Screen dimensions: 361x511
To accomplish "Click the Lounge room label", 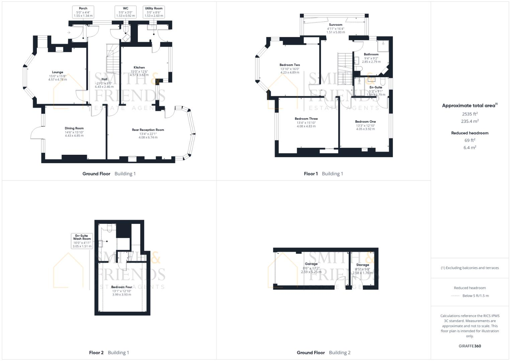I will point(58,72).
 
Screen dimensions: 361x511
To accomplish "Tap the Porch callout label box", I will point(83,12).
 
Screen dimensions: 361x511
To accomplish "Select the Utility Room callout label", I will point(154,12).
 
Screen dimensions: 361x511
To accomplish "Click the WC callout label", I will point(125,12).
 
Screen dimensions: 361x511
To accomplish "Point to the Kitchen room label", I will point(139,68).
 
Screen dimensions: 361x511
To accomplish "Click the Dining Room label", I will point(74,128).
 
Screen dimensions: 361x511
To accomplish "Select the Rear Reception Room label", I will point(148,130).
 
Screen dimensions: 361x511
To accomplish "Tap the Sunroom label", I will point(335,25).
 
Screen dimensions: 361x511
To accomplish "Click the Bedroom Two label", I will point(290,65).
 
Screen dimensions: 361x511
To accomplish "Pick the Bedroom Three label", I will point(306,119).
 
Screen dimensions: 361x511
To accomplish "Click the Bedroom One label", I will point(365,122).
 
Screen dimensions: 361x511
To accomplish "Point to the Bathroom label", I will point(371,54).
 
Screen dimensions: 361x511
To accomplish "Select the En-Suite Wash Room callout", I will point(82,241).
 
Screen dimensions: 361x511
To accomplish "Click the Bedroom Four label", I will point(121,287).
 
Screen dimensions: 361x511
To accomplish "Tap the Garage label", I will point(311,264).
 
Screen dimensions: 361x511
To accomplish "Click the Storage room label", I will point(362,265).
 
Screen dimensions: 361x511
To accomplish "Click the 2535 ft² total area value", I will point(470,114).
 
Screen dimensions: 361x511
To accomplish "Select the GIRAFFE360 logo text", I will point(470,346).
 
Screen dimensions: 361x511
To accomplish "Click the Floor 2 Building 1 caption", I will point(109,352).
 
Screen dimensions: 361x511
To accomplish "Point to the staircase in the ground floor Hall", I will point(112,60).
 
